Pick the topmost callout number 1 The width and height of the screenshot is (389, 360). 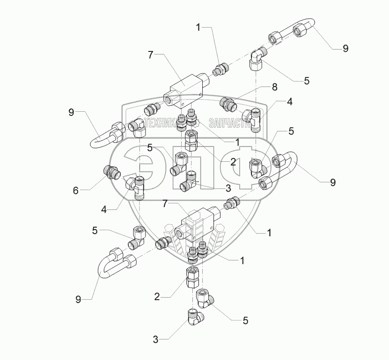[198, 28]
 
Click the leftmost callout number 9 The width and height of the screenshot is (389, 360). [71, 113]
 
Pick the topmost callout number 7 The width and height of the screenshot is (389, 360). [150, 55]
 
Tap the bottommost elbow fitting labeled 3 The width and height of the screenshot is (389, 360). [195, 318]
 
